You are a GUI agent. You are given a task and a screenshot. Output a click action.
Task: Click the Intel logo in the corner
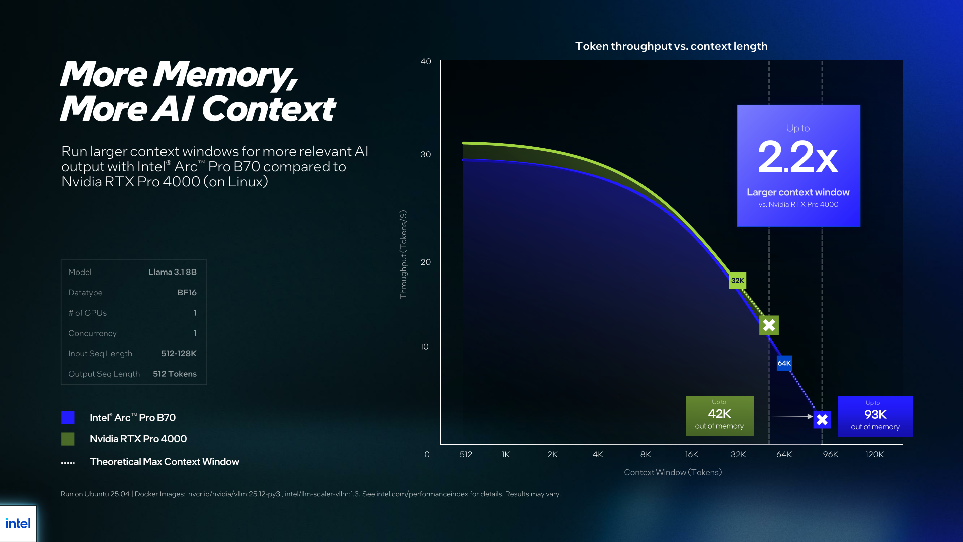[18, 523]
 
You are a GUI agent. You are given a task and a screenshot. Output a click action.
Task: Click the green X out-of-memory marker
[769, 325]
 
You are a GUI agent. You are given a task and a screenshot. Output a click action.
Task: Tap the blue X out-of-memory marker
[822, 420]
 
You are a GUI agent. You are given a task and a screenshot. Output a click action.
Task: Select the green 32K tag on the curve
[738, 281]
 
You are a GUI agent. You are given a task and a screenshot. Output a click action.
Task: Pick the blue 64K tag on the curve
[784, 363]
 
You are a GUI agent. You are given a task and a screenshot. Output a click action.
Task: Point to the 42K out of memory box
[720, 416]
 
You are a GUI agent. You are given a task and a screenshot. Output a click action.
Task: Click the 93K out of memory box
[875, 417]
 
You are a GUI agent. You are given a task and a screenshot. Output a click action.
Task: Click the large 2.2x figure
[797, 157]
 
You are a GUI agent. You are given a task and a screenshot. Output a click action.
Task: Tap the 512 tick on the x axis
[466, 454]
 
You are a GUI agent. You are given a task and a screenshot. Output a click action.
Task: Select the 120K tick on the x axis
[874, 454]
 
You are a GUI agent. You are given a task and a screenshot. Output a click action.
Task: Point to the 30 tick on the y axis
[426, 154]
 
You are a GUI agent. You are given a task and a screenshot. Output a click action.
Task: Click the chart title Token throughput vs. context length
[672, 46]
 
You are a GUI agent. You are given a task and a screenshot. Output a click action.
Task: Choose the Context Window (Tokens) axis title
[673, 472]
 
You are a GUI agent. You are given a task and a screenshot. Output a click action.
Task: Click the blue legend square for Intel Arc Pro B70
[68, 417]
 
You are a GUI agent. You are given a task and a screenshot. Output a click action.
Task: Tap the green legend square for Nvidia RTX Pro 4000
[68, 439]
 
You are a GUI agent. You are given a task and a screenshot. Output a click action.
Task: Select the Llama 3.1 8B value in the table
[173, 272]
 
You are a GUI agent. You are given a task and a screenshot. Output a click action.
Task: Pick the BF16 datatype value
[187, 293]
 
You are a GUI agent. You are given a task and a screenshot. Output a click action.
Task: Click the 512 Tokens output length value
[175, 374]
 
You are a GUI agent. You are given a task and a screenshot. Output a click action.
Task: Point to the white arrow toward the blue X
[792, 416]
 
